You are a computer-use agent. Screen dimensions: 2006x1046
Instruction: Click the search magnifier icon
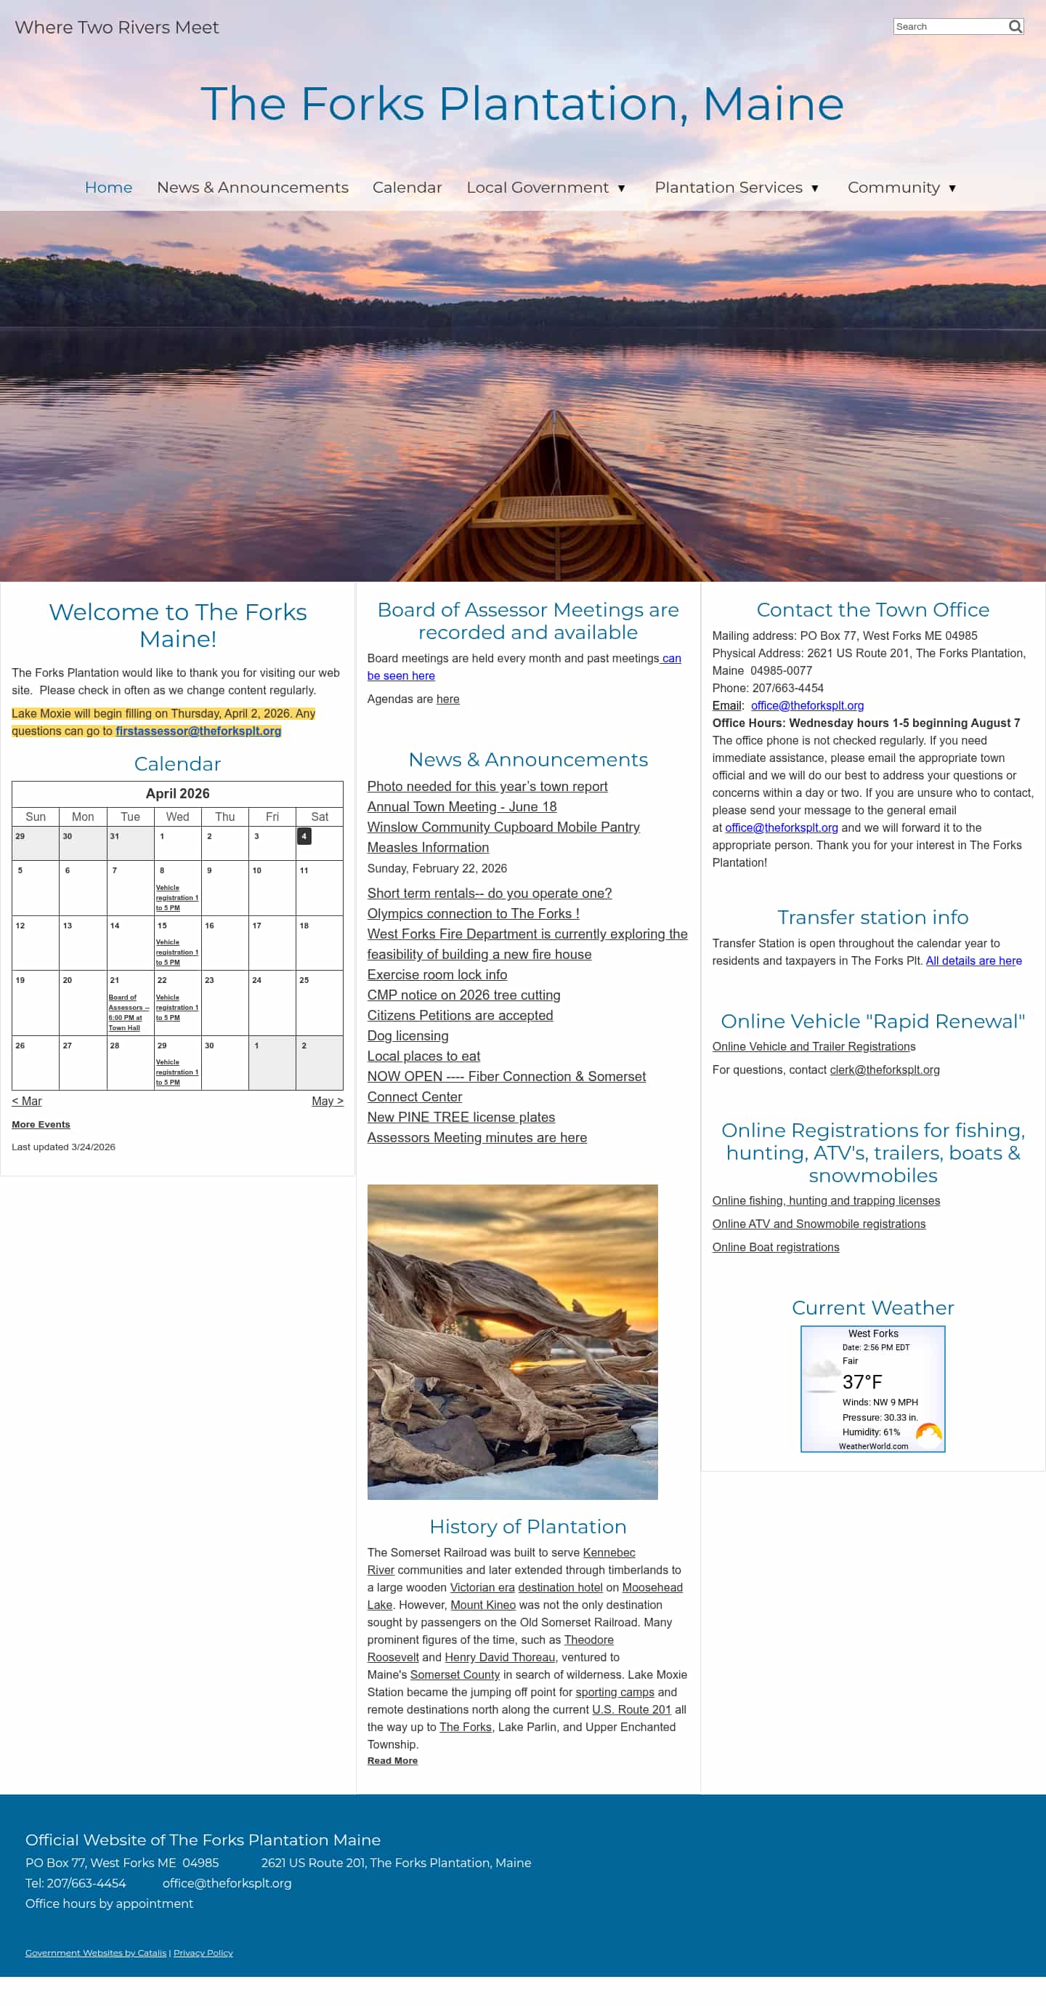[x=1015, y=26]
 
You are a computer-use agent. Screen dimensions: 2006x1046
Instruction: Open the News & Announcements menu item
[x=252, y=188]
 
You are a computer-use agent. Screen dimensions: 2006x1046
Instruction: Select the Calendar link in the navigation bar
[x=407, y=188]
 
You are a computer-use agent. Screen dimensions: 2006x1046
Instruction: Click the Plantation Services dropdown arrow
[x=815, y=188]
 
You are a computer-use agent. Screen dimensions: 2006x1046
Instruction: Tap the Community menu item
[x=893, y=188]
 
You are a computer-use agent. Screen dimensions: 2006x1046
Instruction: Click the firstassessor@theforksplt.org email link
[x=198, y=731]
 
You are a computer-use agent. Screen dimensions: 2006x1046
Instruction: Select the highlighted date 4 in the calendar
[x=304, y=836]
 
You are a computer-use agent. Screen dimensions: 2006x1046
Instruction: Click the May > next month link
[x=327, y=1101]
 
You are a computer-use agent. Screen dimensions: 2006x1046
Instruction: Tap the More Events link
[x=41, y=1125]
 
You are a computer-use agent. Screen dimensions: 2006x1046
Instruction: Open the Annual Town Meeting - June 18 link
[x=461, y=807]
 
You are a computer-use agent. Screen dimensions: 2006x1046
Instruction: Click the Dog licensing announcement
[x=408, y=1035]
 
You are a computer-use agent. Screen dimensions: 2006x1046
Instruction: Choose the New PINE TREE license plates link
[x=461, y=1118]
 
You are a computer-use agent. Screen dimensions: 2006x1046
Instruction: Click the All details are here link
[x=973, y=961]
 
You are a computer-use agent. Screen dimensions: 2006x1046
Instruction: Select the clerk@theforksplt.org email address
[x=885, y=1070]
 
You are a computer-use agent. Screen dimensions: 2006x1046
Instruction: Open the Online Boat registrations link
[x=776, y=1248]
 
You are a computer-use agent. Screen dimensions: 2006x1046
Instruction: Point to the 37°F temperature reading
[x=862, y=1382]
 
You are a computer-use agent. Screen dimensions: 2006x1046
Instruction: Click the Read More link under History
[x=392, y=1761]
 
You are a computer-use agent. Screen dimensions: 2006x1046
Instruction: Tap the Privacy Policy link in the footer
[x=203, y=1953]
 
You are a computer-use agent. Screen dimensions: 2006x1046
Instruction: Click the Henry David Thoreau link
[x=500, y=1657]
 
